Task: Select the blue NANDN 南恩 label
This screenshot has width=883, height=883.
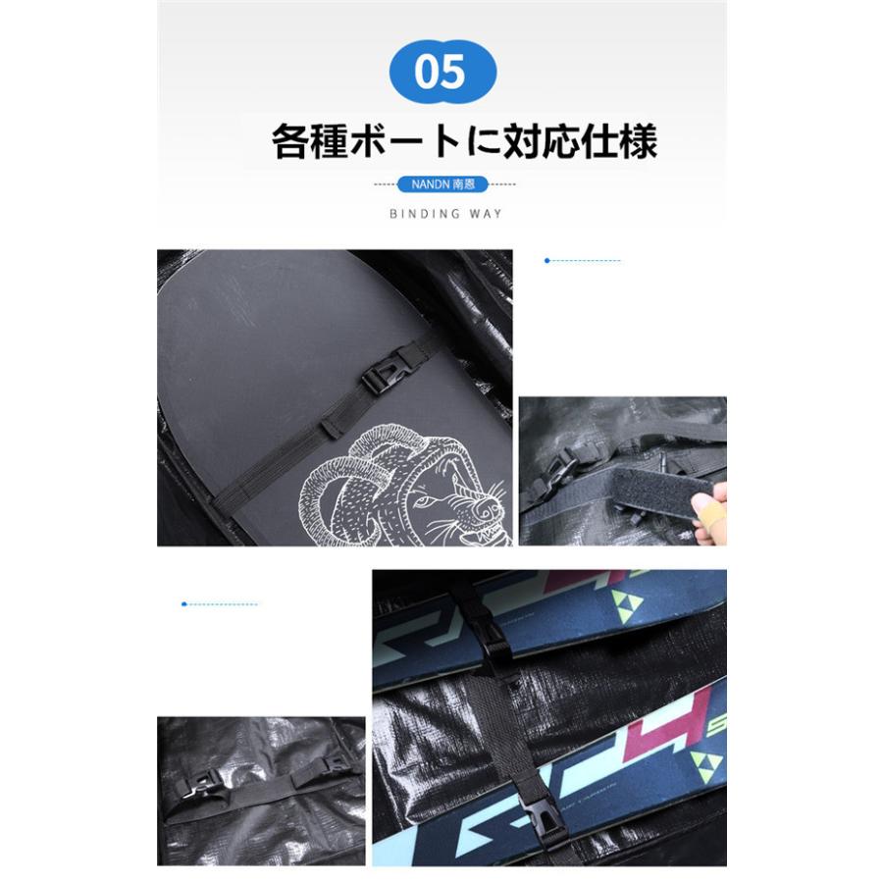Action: pyautogui.click(x=443, y=184)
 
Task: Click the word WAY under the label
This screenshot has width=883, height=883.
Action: pyautogui.click(x=488, y=213)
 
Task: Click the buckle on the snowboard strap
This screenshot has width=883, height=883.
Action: pyautogui.click(x=384, y=374)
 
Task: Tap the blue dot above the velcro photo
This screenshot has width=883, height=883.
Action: pyautogui.click(x=546, y=260)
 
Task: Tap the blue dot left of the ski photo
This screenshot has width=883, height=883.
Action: pyautogui.click(x=183, y=603)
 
